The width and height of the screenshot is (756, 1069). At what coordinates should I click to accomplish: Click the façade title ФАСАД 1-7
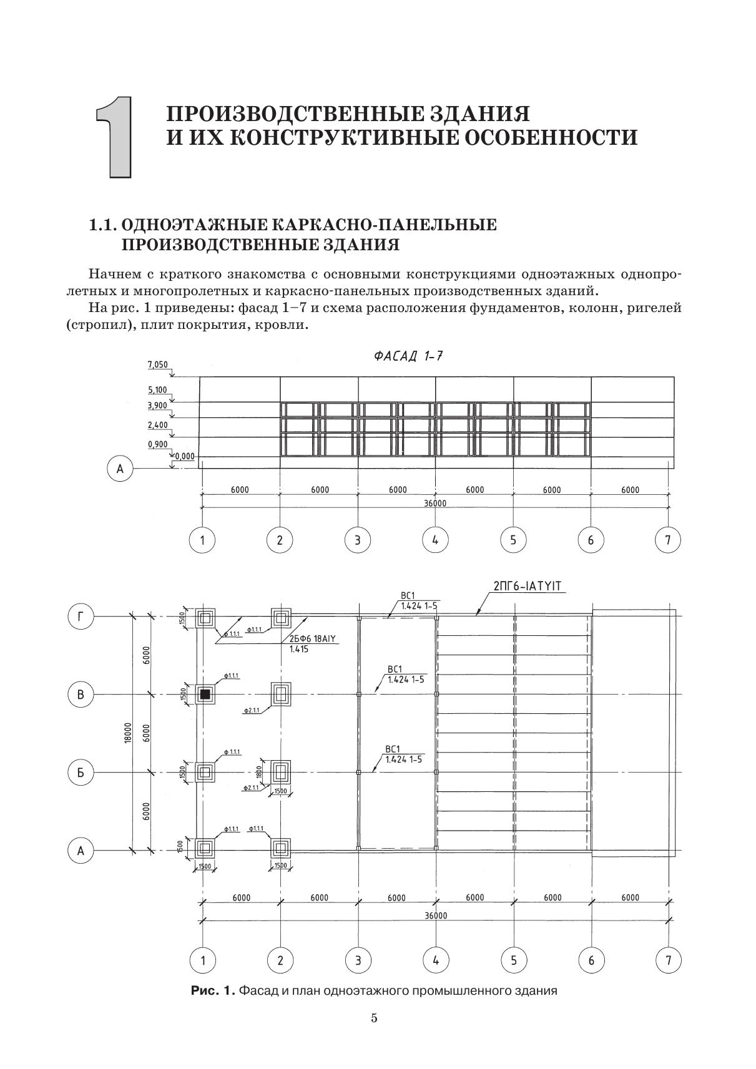click(408, 356)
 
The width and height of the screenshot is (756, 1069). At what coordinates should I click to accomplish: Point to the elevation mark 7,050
click(157, 364)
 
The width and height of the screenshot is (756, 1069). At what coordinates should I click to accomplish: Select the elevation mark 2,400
click(157, 426)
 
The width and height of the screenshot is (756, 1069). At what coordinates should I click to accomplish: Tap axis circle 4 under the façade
click(435, 540)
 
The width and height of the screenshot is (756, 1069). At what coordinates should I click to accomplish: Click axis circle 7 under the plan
click(669, 960)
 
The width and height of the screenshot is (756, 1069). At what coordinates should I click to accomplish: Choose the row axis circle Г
click(80, 617)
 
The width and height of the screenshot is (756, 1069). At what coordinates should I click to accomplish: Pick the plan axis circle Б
click(80, 773)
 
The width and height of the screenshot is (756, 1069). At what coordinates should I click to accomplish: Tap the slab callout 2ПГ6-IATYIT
click(528, 587)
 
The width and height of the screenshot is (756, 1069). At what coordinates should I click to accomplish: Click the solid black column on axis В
click(205, 694)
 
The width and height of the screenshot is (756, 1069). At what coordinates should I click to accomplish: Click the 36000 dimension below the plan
click(435, 915)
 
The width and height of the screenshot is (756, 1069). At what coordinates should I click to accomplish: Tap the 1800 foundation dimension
click(258, 772)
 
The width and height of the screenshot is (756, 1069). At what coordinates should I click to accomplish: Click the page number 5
click(374, 1018)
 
